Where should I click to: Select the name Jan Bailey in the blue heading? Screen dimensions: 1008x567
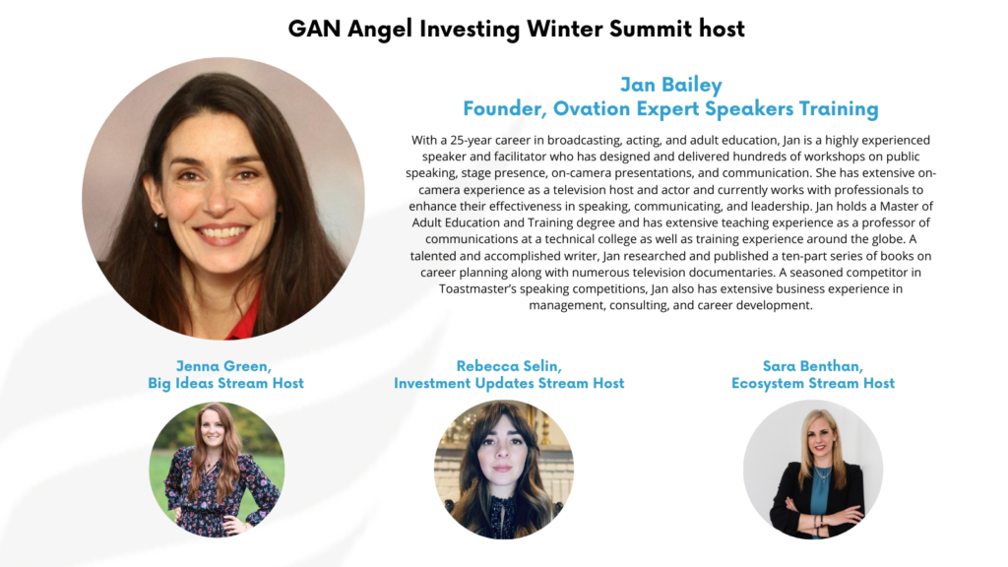point(671,85)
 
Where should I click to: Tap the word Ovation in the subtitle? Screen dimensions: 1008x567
point(592,108)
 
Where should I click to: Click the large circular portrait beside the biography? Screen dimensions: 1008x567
point(223,198)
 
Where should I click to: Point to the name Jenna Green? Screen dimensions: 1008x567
point(223,366)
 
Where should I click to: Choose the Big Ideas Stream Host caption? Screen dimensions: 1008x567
point(225,383)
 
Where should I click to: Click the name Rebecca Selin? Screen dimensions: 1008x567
point(509,366)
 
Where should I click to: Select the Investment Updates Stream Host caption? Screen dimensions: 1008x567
point(509,383)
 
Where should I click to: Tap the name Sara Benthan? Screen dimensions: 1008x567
point(813,366)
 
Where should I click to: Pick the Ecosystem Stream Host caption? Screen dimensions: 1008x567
point(813,383)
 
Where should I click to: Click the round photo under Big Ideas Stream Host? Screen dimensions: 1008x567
point(217,470)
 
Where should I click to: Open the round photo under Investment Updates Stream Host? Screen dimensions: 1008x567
point(504,470)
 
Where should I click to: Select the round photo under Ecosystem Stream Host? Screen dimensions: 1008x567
point(813,470)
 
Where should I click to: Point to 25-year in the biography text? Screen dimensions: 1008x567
point(471,140)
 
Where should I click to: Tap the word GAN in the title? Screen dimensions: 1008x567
point(314,29)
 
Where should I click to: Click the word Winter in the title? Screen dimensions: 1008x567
point(564,29)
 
